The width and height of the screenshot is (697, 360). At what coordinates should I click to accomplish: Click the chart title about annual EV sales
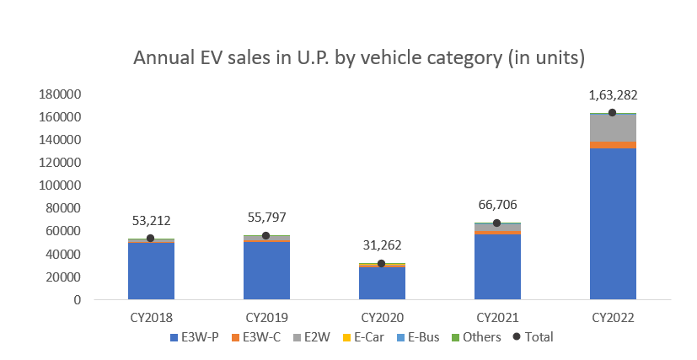coord(359,58)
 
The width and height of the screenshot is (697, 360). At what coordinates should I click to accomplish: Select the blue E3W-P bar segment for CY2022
coord(613,223)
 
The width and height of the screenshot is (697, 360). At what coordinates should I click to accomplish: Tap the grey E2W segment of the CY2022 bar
coord(613,127)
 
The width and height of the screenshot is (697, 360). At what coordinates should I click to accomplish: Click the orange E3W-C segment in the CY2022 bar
coord(613,144)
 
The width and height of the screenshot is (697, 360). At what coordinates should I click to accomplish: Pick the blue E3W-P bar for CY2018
coord(151,271)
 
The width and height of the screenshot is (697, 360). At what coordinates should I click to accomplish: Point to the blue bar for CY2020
coord(382,283)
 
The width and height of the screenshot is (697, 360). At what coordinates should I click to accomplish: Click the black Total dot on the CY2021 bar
coord(497,223)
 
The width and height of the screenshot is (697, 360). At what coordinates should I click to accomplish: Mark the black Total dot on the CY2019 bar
coord(266,236)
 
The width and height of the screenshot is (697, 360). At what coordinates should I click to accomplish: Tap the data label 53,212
coord(151,221)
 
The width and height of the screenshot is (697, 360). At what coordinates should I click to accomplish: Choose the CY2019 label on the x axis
coord(266,319)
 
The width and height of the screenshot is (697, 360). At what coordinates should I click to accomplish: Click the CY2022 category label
coord(613,319)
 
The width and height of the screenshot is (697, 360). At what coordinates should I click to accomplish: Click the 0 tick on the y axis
coord(76,300)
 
